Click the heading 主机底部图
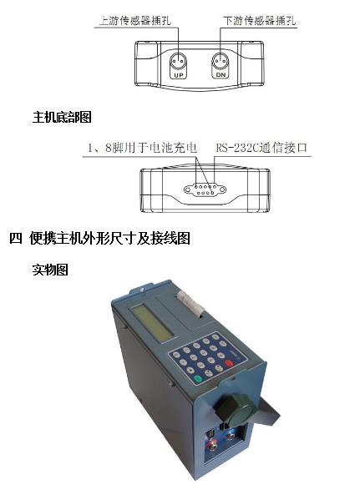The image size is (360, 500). [x=61, y=118]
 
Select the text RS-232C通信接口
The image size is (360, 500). [x=261, y=148]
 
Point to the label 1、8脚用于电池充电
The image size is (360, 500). [x=142, y=148]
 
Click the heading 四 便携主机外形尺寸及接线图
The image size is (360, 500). [x=100, y=239]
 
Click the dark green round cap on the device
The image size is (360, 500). [x=231, y=407]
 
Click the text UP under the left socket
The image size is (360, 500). [x=177, y=75]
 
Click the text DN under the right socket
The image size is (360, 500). [x=221, y=75]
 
